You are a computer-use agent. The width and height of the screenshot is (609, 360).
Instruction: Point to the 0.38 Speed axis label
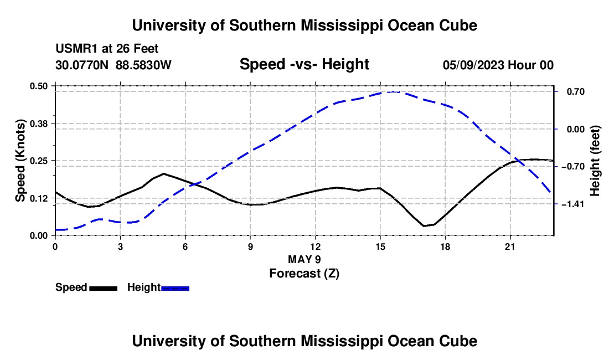point(38,124)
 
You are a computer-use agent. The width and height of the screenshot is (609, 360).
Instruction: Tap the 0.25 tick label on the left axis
point(38,161)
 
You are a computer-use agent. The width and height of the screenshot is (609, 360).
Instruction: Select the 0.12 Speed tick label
point(38,198)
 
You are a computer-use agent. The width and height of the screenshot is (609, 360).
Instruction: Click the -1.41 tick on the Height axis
point(573,204)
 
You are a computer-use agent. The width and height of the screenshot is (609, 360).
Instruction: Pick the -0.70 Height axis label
point(573,167)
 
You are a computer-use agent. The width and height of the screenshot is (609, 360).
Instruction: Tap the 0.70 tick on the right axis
point(576,92)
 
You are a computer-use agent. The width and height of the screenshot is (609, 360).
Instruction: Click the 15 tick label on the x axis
point(380,246)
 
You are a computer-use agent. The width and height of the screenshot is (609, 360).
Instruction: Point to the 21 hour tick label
point(510,246)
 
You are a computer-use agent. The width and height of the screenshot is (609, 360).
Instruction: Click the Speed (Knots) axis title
point(20,161)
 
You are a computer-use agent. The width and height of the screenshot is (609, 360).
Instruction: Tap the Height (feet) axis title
point(595,161)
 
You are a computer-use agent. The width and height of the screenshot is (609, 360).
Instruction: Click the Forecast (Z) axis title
point(304,274)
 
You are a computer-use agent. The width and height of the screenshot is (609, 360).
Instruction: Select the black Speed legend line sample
point(104,289)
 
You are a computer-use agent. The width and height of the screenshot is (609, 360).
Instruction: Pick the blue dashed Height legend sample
point(175,289)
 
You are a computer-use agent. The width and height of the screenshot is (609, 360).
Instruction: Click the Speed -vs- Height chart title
point(304,64)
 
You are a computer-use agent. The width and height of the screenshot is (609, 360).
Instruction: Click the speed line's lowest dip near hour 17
point(424,226)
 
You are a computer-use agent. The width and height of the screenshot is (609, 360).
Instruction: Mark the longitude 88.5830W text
point(143,65)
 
